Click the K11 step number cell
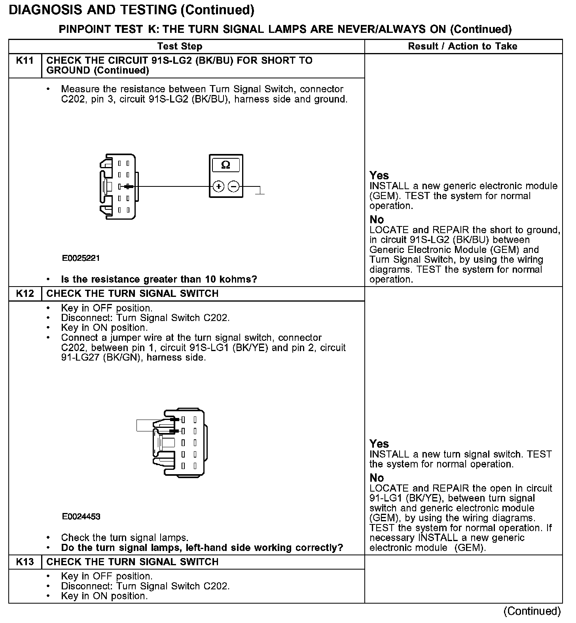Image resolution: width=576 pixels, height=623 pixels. [25, 61]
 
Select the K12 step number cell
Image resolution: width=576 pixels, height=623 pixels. [25, 294]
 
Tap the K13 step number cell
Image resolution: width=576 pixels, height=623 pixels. [25, 562]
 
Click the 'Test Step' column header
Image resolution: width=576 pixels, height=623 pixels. [180, 46]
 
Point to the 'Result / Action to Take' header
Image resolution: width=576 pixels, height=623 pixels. [462, 46]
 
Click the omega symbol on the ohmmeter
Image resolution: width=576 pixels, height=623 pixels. [225, 165]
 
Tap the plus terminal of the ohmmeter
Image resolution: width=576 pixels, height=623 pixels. [219, 186]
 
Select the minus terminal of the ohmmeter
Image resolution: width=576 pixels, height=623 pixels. [234, 186]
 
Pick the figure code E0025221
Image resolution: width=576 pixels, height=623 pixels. [81, 258]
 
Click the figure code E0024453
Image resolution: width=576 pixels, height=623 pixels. [81, 517]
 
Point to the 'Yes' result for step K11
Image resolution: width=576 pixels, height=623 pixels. [379, 175]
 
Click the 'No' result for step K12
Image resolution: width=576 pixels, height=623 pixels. [377, 478]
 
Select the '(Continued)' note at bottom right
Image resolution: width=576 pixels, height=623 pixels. [532, 611]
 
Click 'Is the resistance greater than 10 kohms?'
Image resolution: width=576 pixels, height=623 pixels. [159, 279]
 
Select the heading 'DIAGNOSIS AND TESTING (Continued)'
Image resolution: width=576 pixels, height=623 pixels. [131, 10]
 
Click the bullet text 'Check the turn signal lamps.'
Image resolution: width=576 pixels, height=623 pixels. [125, 538]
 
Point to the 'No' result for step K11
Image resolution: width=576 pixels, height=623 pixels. [377, 219]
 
